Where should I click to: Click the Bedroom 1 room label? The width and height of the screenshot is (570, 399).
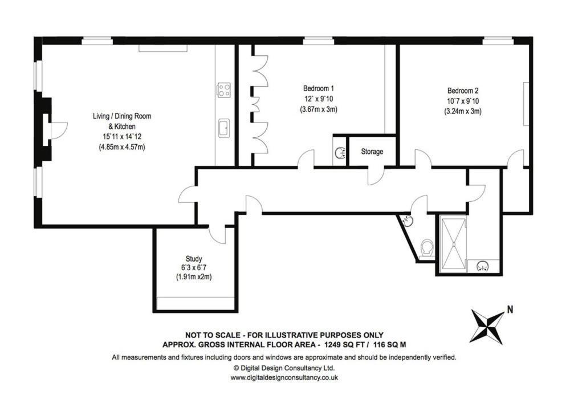318,88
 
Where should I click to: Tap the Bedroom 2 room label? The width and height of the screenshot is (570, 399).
462,91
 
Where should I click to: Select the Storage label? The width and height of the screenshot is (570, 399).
372,152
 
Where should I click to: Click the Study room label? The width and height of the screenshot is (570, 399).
194,258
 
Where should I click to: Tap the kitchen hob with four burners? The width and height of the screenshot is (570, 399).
224,89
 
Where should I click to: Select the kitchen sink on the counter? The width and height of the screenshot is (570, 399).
224,128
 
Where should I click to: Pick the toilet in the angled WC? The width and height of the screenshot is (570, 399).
426,248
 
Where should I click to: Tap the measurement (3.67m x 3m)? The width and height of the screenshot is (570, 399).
318,109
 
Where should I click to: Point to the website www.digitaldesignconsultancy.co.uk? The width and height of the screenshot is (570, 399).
285,377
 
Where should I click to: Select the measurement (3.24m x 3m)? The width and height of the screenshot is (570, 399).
462,112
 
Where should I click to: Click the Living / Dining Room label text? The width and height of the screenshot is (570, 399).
122,116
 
